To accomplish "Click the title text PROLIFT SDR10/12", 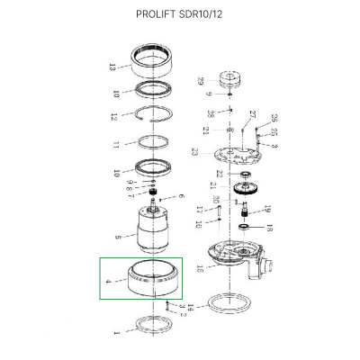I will [x=180, y=15].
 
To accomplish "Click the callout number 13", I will [x=111, y=67].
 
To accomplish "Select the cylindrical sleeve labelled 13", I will [x=154, y=63].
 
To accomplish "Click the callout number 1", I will [x=115, y=333].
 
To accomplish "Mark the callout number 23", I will [x=194, y=152].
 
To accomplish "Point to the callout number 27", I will [x=253, y=114].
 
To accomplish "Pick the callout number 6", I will [x=180, y=196].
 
